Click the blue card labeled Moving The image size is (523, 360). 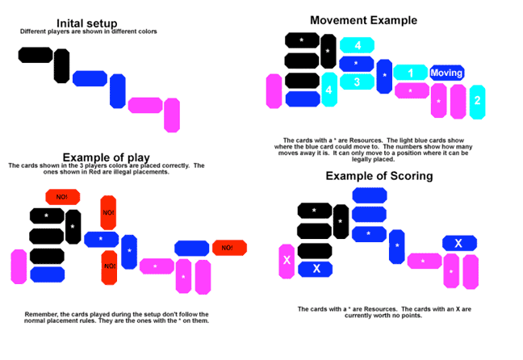[446, 73]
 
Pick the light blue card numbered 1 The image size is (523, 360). [411, 73]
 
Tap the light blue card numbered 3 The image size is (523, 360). [355, 82]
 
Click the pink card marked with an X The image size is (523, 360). [286, 260]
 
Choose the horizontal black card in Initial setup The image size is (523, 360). [36, 55]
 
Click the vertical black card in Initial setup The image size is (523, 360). [61, 65]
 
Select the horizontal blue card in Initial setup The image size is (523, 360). [90, 78]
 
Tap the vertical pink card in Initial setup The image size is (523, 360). [172, 115]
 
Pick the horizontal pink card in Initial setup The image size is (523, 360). [144, 105]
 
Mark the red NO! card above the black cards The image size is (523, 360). [62, 196]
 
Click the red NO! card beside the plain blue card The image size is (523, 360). [228, 248]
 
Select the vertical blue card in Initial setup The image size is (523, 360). [118, 90]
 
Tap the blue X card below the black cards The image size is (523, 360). [316, 268]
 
